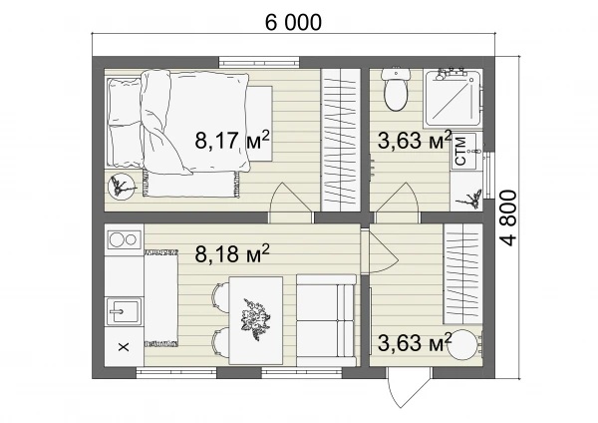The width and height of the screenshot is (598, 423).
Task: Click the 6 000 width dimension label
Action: pyautogui.click(x=293, y=22)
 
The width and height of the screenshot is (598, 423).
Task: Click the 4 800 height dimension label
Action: pyautogui.click(x=508, y=218)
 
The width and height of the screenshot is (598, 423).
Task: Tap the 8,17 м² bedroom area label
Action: pyautogui.click(x=232, y=140)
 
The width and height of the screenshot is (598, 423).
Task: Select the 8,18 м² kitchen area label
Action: pyautogui.click(x=232, y=253)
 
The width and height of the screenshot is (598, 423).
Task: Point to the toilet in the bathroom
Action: pyautogui.click(x=396, y=90)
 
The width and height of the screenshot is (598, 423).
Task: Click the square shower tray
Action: pyautogui.click(x=452, y=99)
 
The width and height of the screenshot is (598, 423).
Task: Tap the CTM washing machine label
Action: pyautogui.click(x=460, y=152)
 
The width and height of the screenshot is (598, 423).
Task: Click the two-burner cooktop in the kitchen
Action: pyautogui.click(x=124, y=239)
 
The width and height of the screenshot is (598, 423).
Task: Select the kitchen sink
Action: pyautogui.click(x=124, y=311)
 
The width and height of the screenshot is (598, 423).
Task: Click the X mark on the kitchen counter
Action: pyautogui.click(x=124, y=347)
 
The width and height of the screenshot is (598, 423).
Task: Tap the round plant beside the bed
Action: pyautogui.click(x=122, y=187)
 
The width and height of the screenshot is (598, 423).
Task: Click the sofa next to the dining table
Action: pyautogui.click(x=326, y=320)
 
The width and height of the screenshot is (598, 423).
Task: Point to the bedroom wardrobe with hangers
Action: pyautogui.click(x=340, y=140)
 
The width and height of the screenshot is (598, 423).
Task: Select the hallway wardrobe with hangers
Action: pyautogui.click(x=462, y=274)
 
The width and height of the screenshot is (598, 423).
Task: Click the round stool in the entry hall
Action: pyautogui.click(x=463, y=345)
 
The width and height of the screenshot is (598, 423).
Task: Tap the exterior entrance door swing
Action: pyautogui.click(x=407, y=386)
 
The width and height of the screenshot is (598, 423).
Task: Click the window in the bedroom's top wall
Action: pyautogui.click(x=259, y=62)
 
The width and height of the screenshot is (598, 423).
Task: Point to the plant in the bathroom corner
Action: pyautogui.click(x=470, y=199)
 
